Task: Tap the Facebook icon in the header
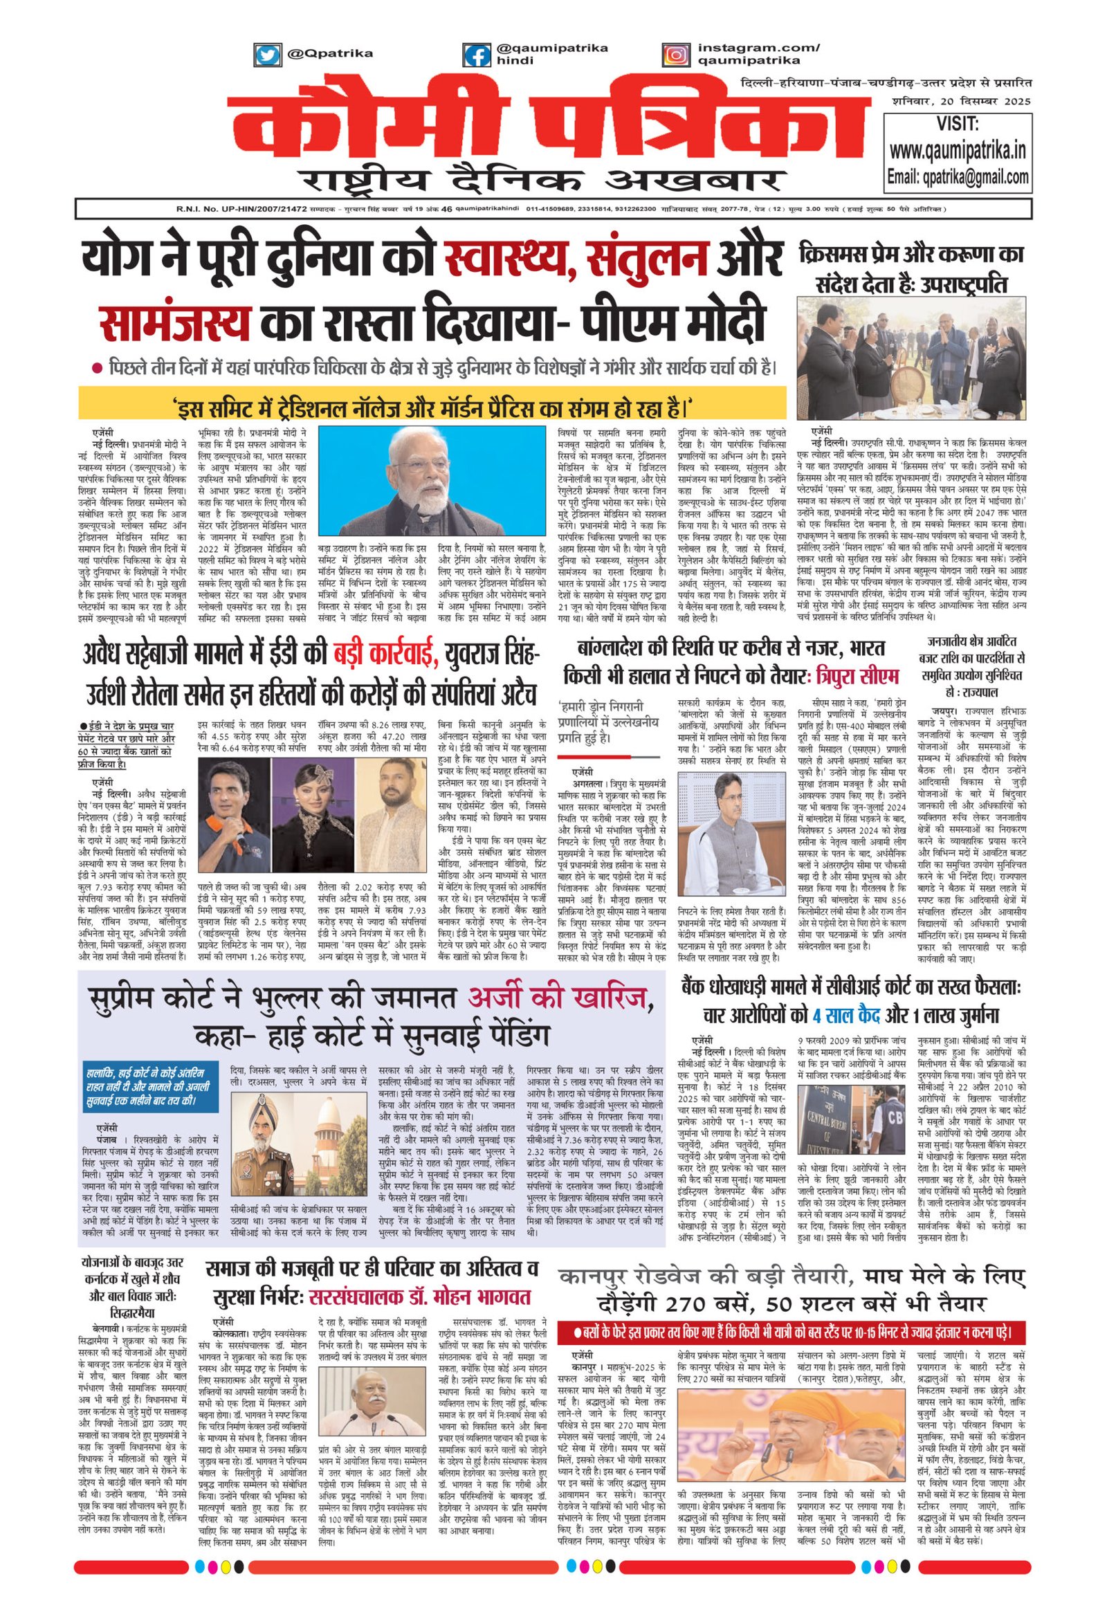(478, 55)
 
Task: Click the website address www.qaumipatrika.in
(958, 150)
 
